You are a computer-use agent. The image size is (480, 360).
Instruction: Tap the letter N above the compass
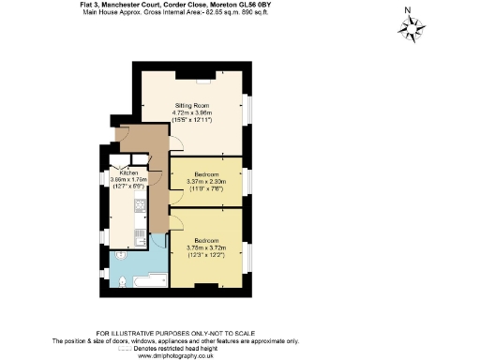pyautogui.click(x=407, y=10)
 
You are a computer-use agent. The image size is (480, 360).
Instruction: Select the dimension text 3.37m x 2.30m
pyautogui.click(x=204, y=182)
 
